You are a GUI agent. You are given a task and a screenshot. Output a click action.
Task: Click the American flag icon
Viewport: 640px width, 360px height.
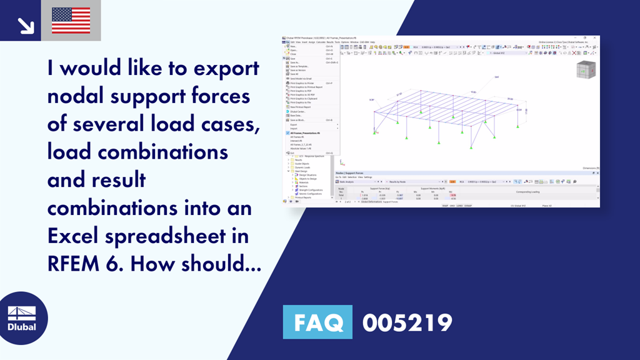[x=71, y=21]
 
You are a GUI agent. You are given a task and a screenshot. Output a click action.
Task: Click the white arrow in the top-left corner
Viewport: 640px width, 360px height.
[x=25, y=24]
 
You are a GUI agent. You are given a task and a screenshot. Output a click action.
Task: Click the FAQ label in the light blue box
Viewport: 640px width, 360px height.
[x=317, y=322]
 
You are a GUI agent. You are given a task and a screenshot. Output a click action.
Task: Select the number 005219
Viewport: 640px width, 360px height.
[x=407, y=322]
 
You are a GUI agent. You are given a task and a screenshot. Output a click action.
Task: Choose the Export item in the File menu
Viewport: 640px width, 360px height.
[x=294, y=124]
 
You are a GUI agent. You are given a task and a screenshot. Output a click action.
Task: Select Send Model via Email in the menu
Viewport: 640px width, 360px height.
[x=299, y=79]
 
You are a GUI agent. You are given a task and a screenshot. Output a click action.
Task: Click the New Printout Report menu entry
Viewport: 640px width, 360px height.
[x=301, y=107]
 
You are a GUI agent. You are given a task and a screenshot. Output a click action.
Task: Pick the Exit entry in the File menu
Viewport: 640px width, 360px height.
[x=292, y=152]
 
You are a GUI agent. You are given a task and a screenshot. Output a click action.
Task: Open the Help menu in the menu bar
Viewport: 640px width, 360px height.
[x=372, y=42]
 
